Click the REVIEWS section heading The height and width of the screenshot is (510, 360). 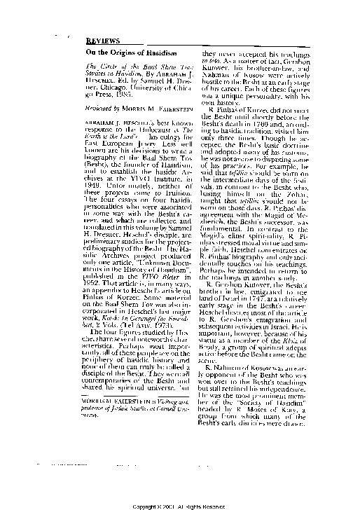pyautogui.click(x=100, y=41)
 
